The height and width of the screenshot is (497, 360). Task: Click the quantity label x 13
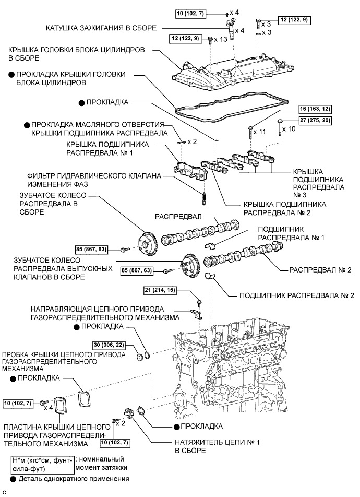click(x=223, y=39)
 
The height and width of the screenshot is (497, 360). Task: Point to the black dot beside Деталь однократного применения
click(x=13, y=478)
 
